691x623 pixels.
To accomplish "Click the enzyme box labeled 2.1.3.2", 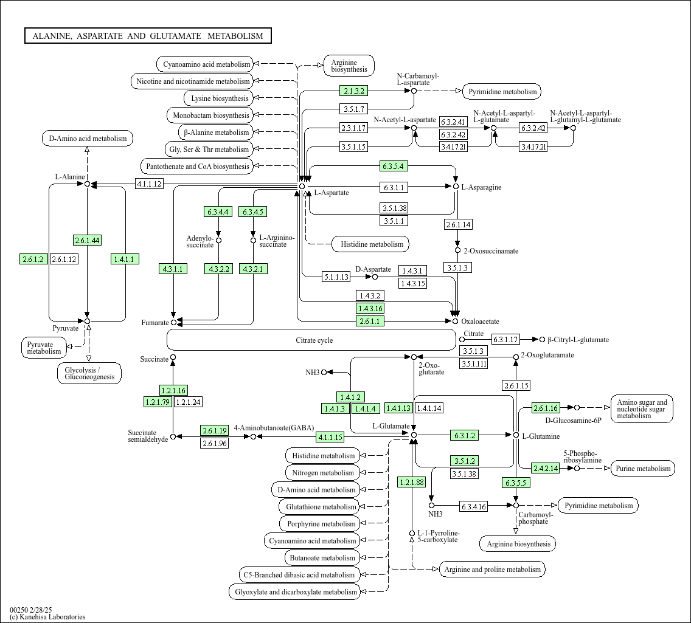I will coord(354,91).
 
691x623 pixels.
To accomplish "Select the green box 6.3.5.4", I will coord(393,166).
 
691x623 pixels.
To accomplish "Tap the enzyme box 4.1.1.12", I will coord(149,184).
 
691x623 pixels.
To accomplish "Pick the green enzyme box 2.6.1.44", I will coord(87,240).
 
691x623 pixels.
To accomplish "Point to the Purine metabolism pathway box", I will coord(642,468).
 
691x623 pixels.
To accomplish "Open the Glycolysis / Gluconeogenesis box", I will coord(89,373).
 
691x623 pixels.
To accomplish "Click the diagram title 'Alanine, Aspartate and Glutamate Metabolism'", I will coord(148,36).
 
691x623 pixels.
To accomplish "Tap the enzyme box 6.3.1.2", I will coord(464,435).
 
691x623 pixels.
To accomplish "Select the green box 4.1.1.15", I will coord(329,437).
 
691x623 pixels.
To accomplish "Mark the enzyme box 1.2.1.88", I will coord(412,483).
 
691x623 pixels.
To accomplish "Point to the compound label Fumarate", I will coord(155,323).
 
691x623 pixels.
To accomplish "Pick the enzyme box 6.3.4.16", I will coord(474,506).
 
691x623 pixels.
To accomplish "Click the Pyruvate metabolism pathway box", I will coord(44,348).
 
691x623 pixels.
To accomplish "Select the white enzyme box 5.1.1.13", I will coord(336,277).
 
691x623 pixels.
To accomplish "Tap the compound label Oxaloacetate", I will coord(480,322).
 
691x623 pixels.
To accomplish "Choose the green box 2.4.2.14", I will coord(545,468).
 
